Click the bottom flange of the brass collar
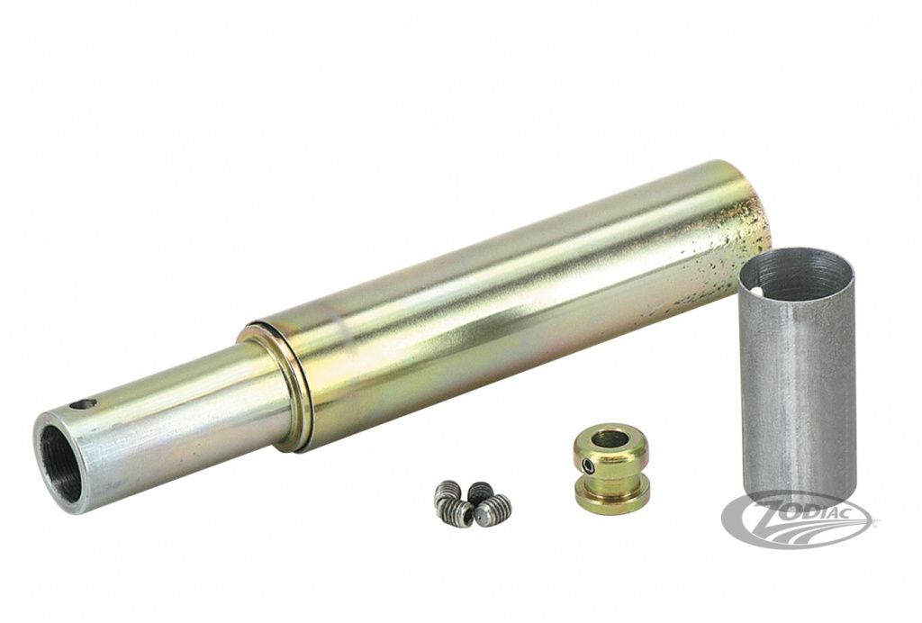pyautogui.click(x=611, y=492)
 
